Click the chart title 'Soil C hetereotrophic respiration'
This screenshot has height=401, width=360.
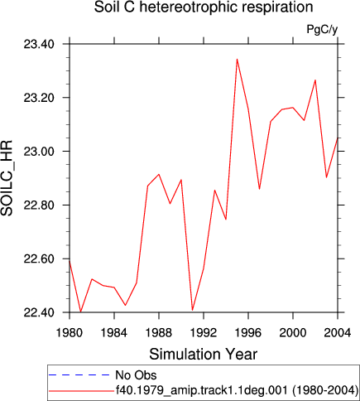[204, 7]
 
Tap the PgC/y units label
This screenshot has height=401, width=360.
[322, 29]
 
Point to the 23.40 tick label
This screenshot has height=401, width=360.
[39, 44]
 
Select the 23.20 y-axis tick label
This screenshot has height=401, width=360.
[39, 98]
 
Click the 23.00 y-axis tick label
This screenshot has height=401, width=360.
[39, 152]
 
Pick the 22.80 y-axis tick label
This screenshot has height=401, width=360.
[39, 205]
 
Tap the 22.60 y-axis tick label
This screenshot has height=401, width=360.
[39, 258]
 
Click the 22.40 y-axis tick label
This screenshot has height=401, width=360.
[39, 312]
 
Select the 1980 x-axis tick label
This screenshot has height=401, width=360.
[70, 333]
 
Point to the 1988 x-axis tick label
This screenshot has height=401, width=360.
[159, 333]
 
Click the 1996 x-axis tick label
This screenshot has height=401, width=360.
[248, 333]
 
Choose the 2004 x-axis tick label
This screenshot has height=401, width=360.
[338, 333]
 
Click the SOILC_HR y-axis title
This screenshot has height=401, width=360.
[7, 178]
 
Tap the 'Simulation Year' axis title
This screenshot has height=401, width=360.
[204, 354]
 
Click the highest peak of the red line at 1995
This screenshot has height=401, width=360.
[237, 59]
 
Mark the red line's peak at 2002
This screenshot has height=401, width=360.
[315, 80]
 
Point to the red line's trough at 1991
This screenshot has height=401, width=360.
[192, 310]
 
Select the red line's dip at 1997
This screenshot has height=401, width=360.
[259, 189]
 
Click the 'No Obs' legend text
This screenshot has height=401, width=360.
[136, 375]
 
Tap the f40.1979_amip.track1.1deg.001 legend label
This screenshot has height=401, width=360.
[201, 389]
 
